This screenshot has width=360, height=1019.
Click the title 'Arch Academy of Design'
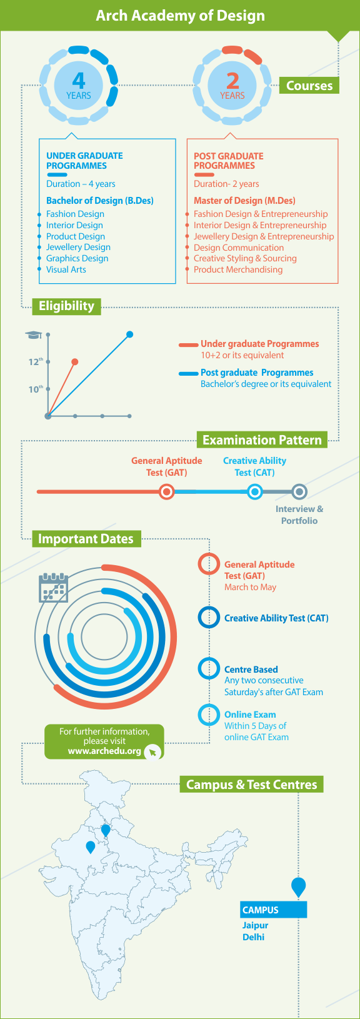click(180, 16)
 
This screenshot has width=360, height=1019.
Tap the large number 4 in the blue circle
click(79, 81)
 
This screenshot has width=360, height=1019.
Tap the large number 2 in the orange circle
click(232, 81)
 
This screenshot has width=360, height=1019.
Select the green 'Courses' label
click(309, 86)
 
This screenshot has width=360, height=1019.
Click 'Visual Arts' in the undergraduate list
click(66, 269)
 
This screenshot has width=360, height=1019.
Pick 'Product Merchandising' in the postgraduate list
click(237, 269)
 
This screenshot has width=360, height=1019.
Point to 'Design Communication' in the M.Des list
click(239, 248)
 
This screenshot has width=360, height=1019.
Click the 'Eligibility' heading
click(66, 306)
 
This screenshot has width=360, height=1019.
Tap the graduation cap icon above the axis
click(33, 335)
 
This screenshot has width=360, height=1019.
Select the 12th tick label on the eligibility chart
click(36, 362)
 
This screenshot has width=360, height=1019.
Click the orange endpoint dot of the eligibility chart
click(75, 362)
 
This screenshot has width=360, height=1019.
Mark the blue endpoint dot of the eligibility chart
click(129, 334)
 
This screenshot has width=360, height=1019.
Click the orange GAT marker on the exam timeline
click(167, 492)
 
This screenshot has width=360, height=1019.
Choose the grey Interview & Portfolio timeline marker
click(299, 492)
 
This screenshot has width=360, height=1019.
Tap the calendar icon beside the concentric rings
click(53, 587)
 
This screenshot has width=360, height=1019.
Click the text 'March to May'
click(250, 587)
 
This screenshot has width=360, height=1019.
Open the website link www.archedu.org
click(104, 751)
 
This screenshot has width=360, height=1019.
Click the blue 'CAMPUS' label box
click(274, 910)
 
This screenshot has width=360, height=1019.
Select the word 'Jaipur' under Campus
click(255, 925)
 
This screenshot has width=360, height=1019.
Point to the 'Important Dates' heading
click(86, 539)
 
